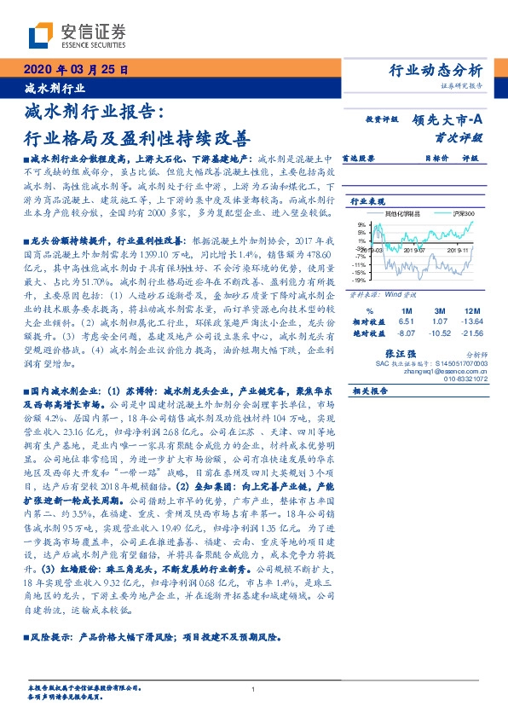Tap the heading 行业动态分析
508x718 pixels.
[436, 69]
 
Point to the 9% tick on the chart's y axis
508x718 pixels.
[361, 225]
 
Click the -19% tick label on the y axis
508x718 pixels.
[360, 279]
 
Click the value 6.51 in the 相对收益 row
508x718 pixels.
[405, 322]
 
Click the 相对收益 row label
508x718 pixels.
[368, 322]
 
